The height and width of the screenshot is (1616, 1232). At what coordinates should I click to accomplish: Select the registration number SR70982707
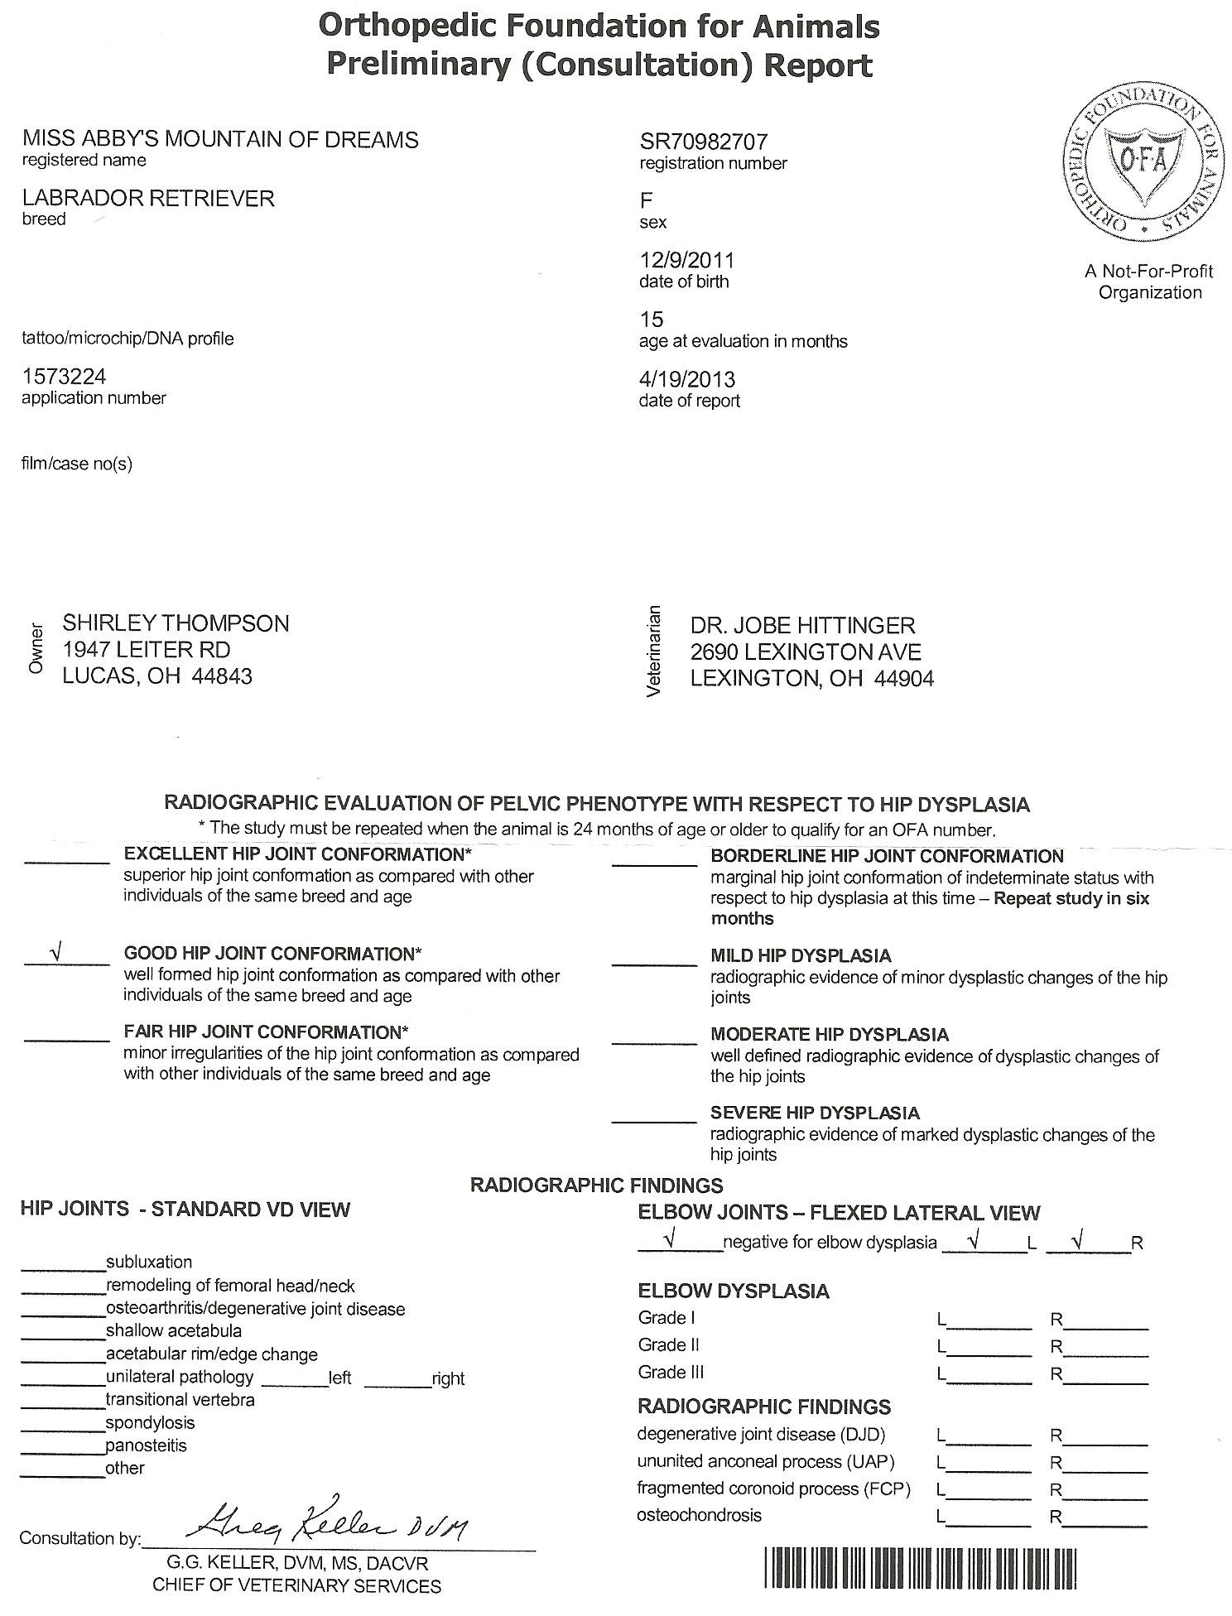[x=704, y=142]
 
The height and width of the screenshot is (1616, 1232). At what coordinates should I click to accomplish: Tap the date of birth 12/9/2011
[x=686, y=260]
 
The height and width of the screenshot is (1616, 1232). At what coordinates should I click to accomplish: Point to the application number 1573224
[x=64, y=377]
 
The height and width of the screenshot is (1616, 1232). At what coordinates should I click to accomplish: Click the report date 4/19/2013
[x=687, y=379]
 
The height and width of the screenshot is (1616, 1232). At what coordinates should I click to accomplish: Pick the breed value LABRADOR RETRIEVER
[x=148, y=198]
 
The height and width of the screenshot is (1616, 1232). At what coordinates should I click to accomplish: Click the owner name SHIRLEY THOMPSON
[x=176, y=623]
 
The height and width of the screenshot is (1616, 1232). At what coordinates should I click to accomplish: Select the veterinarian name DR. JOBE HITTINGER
[x=802, y=625]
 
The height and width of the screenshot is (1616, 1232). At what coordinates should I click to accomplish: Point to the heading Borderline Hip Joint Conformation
[x=887, y=856]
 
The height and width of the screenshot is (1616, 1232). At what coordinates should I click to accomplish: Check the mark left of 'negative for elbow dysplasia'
[x=671, y=1238]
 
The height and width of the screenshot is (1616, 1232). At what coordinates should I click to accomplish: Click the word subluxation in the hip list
[x=149, y=1262]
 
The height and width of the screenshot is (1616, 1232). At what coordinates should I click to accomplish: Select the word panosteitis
[x=146, y=1445]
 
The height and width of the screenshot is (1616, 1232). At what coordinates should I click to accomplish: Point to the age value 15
[x=652, y=320]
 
